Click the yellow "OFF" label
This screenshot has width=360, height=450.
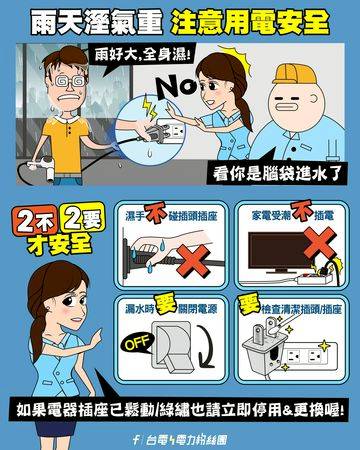pos(137,343)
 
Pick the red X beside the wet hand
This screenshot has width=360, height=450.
pos(194,261)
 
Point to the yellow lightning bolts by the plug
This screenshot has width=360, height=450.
pos(149,107)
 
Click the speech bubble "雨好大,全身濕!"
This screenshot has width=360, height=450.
pos(141,56)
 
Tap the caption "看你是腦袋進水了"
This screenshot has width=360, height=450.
pos(277,173)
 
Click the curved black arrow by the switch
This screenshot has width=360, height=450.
pos(208,347)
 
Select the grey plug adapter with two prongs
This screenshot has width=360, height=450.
pos(264,343)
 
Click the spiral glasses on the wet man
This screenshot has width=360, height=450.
pos(70,81)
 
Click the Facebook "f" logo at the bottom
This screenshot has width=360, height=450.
pos(136,440)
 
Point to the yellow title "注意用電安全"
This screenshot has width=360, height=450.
pos(250,22)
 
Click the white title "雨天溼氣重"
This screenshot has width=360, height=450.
pos(97,22)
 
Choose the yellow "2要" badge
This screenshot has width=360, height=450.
pos(84,219)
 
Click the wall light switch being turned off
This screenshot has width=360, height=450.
pos(173,347)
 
